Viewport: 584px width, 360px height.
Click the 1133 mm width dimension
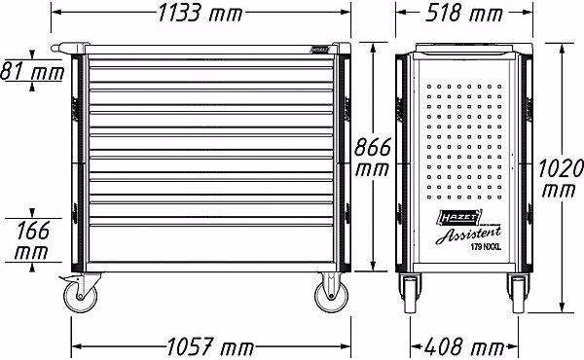pos(201,14)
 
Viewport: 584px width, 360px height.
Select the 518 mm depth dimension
pos(463,14)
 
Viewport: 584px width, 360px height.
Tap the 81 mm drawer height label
pos(33,71)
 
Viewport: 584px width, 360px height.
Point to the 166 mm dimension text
pos(32,241)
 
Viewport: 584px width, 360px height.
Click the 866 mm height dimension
pos(372,157)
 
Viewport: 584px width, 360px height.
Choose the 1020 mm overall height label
pos(561,178)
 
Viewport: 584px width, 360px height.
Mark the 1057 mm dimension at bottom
pos(210,346)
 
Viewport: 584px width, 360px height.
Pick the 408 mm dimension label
pos(464,346)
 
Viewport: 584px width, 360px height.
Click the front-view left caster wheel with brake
pos(80,294)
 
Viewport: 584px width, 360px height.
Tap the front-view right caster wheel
pos(332,294)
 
